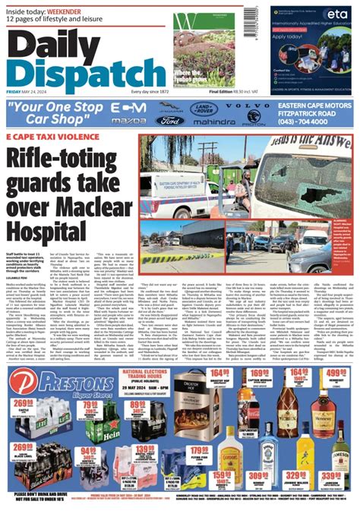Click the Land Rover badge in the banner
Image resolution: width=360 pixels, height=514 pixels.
(204, 108)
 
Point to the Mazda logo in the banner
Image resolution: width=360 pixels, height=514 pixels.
(130, 121)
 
